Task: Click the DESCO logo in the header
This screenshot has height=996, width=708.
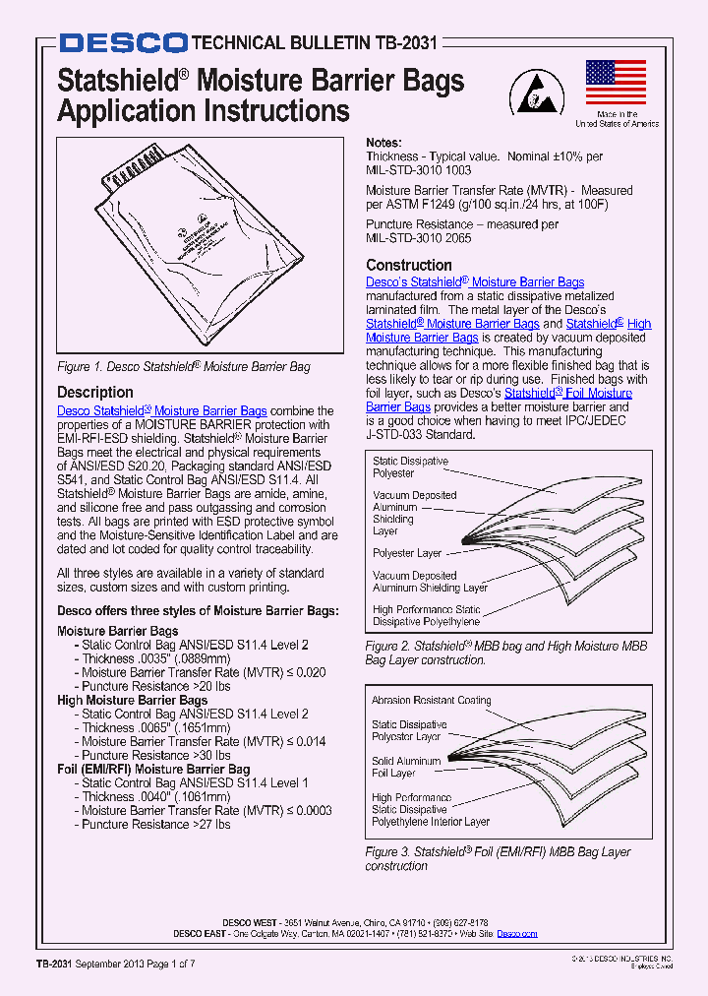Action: click(x=122, y=42)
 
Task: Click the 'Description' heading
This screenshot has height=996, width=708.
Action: click(x=95, y=392)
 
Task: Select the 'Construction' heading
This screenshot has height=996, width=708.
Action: click(x=409, y=265)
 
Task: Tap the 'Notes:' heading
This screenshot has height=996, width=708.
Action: click(x=383, y=142)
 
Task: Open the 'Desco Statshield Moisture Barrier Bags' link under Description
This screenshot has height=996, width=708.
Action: click(x=162, y=410)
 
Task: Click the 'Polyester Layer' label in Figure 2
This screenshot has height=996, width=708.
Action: click(x=406, y=553)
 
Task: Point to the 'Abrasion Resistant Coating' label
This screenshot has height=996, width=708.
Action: click(x=431, y=701)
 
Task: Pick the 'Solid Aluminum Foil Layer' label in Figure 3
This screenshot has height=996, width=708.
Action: click(x=406, y=767)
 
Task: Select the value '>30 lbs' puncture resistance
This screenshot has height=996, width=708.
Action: click(x=210, y=755)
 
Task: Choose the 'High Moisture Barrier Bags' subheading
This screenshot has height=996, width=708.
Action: click(x=132, y=700)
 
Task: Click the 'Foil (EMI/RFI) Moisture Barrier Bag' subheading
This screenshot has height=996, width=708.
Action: click(x=153, y=769)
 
